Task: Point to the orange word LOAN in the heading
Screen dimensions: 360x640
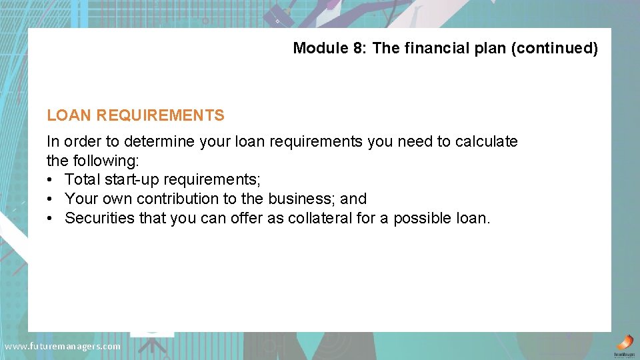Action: click(69, 115)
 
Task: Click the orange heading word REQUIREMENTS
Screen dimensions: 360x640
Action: click(160, 115)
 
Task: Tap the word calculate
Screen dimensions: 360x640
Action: click(487, 141)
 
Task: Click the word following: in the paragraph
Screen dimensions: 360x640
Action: click(103, 161)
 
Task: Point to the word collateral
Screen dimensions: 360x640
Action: click(319, 219)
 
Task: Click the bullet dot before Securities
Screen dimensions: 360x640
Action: click(51, 219)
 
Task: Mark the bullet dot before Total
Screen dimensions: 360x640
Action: click(51, 180)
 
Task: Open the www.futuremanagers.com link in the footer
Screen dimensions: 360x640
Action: click(63, 346)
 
